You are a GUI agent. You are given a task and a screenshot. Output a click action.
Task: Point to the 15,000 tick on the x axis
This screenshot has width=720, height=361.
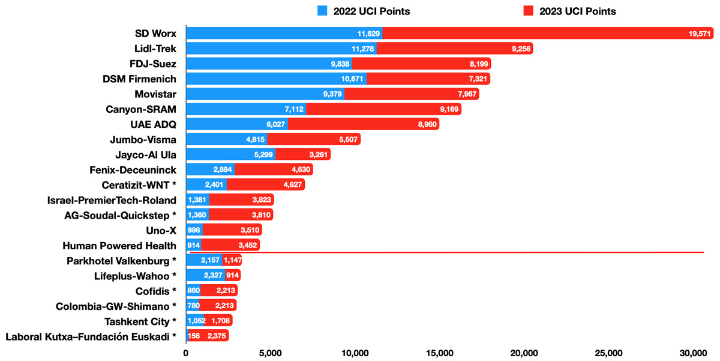click(440, 353)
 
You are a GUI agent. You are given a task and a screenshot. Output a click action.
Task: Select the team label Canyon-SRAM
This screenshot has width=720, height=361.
click(142, 109)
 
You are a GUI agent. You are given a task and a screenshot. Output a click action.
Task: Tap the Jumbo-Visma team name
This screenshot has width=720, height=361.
click(143, 139)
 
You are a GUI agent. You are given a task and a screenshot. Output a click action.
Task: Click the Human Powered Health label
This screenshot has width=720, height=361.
click(119, 245)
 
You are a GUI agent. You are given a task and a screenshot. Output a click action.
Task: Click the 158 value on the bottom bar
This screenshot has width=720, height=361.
click(194, 336)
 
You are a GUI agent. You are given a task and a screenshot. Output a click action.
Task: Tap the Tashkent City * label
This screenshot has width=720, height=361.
click(140, 321)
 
